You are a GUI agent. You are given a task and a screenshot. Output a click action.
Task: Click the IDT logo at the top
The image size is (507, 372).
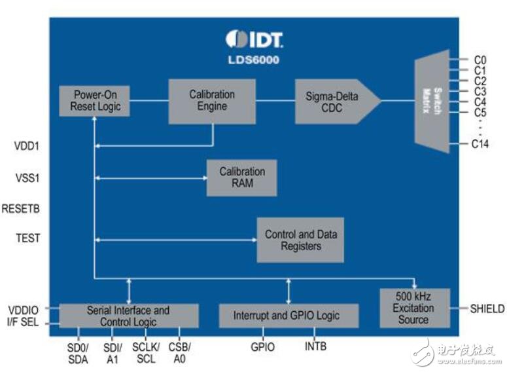pos(254,39)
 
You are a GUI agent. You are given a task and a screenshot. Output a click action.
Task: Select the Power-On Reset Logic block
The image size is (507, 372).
pos(94,101)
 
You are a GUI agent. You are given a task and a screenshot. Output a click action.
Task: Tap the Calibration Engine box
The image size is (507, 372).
pos(212,102)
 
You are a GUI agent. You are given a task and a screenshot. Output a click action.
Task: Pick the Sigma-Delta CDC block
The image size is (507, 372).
pos(338,102)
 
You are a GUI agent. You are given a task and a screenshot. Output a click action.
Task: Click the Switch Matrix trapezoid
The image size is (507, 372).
pos(432,101)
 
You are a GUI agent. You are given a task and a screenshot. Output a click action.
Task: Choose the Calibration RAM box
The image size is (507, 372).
pos(242,177)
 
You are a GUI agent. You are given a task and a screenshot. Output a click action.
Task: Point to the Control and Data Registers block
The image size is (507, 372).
pos(300,240)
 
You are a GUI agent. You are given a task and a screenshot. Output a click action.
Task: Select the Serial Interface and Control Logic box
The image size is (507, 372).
pos(129,316)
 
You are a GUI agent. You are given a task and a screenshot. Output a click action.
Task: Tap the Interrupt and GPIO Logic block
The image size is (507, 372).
pos(288,316)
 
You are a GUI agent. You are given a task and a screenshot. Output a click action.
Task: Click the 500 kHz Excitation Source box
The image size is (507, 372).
pos(415,308)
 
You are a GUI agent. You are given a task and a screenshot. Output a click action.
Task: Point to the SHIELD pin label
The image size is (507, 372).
pos(487,308)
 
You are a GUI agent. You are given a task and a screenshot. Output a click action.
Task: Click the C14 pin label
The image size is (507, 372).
pos(480,143)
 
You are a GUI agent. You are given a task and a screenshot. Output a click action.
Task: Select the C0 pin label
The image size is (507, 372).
pos(480,60)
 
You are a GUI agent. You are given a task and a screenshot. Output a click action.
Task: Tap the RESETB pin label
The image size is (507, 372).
pos(21,208)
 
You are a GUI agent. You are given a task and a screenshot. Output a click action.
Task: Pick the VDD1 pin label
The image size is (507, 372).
pos(27,146)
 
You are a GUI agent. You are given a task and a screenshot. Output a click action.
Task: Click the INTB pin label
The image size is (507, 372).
pos(315,346)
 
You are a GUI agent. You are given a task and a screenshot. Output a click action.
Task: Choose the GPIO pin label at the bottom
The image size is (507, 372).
pos(262,347)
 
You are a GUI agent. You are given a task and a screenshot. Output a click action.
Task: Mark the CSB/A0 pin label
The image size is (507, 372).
pos(179,353)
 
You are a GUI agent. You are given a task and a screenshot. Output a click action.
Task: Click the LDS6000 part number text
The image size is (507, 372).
pos(254,60)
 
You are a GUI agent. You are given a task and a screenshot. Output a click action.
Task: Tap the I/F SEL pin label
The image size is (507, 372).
pos(23,322)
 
